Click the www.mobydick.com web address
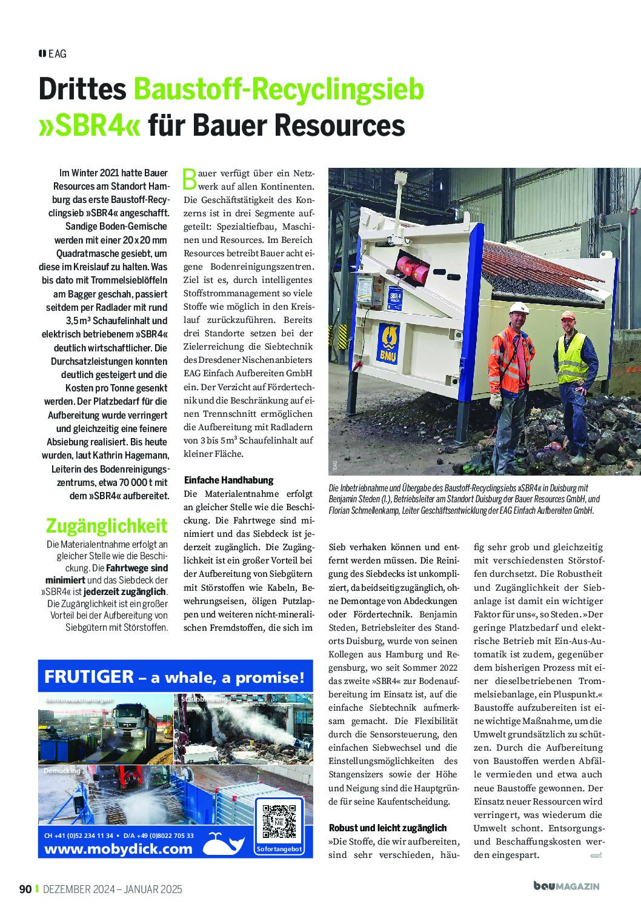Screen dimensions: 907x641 118,848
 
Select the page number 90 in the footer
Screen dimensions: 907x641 25,889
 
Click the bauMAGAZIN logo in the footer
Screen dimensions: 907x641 566,886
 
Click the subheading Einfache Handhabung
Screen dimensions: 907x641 228,480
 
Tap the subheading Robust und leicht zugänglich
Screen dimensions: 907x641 387,828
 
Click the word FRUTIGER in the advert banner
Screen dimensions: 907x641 88,677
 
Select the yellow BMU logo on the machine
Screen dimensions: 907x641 388,343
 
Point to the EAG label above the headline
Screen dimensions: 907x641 57,53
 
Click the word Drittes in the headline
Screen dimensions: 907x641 82,89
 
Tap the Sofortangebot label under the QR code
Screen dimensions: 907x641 279,850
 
